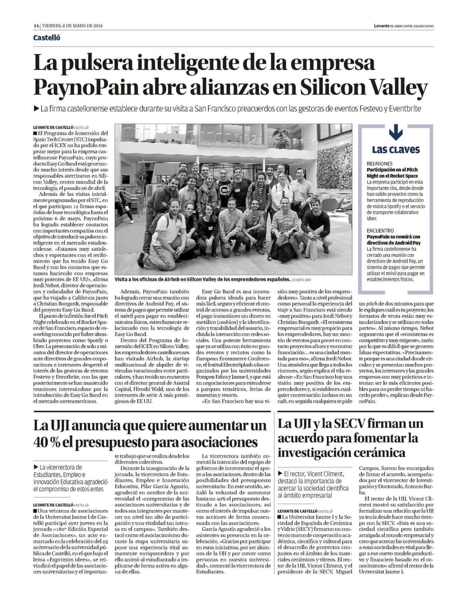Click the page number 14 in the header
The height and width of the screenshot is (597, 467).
point(36,26)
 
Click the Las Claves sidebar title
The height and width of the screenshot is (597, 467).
point(395,150)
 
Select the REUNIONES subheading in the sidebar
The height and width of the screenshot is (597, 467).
point(379,164)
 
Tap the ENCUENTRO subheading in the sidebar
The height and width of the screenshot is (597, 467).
point(380,230)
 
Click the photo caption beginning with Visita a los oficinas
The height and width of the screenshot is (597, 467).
point(202,279)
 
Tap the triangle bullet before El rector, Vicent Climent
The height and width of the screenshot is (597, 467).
point(281,474)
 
